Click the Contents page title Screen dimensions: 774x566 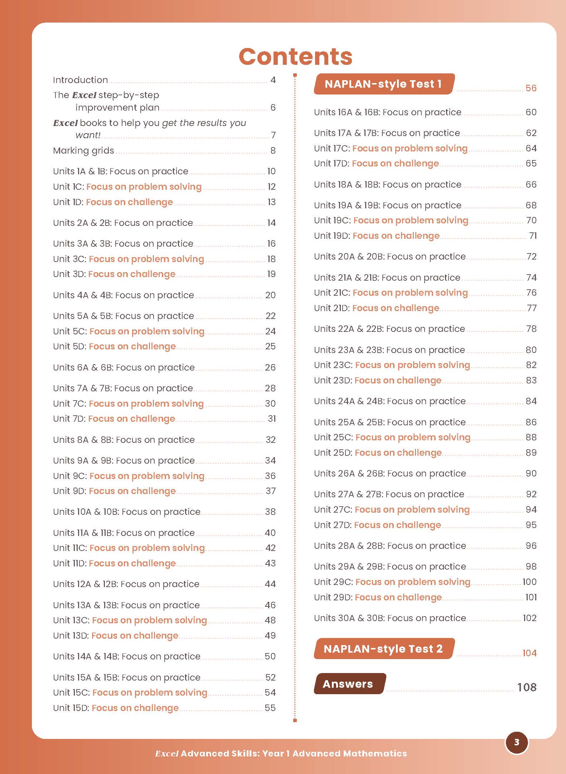point(295,57)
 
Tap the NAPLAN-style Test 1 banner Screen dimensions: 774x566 point(383,84)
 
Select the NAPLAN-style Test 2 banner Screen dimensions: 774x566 point(383,649)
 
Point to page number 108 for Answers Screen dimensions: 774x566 point(527,687)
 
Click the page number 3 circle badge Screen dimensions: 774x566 point(516,742)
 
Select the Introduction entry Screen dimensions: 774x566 point(81,80)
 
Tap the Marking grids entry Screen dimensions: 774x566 point(83,150)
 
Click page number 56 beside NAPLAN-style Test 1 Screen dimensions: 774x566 point(531,88)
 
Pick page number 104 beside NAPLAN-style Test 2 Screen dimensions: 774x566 point(529,653)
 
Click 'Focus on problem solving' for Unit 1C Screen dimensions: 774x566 point(144,187)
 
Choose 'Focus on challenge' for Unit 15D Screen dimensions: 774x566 point(135,708)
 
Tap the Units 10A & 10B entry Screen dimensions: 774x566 point(127,512)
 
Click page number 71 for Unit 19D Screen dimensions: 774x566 point(533,236)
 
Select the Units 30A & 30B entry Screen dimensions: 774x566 point(390,618)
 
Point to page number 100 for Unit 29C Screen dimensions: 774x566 point(529,582)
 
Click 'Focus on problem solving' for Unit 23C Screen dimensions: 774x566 point(412,365)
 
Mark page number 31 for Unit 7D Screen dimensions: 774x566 point(272,419)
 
